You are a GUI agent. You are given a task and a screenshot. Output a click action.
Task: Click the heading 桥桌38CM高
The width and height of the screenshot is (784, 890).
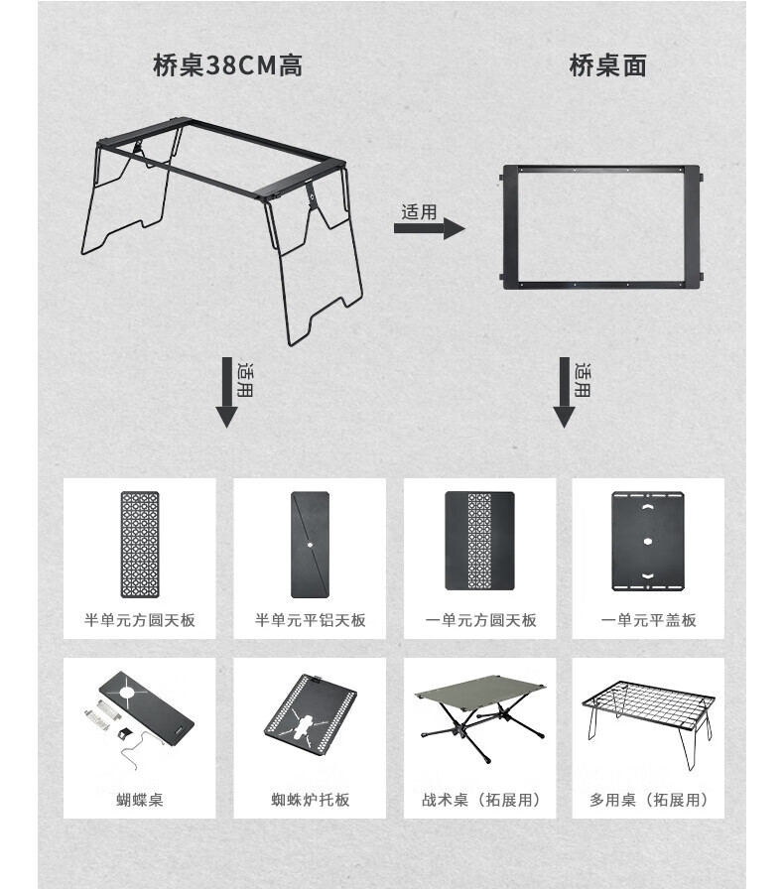click(227, 65)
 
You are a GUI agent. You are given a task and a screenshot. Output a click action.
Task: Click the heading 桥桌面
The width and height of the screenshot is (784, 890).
click(607, 65)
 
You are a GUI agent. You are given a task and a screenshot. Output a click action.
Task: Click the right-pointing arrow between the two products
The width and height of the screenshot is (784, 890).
click(430, 228)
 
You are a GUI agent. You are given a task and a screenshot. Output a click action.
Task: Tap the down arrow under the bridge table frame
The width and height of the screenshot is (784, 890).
click(226, 392)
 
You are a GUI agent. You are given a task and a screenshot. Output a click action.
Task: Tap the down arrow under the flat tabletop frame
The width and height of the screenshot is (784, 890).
click(564, 392)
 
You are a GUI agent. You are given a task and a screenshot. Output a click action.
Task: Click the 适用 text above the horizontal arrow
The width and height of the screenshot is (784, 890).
click(419, 211)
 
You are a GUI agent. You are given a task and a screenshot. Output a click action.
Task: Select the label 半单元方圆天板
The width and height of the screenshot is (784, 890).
click(140, 620)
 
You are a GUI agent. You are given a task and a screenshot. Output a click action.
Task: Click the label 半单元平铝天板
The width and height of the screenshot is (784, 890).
click(310, 620)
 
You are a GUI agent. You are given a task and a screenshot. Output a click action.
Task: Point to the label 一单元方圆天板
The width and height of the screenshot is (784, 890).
click(480, 620)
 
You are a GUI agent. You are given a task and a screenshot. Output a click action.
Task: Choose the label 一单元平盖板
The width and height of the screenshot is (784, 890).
click(648, 620)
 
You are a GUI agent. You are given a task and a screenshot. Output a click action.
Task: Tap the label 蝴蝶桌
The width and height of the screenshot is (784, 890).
click(140, 800)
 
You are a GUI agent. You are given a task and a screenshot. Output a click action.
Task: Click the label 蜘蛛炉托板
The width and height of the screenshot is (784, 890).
click(310, 800)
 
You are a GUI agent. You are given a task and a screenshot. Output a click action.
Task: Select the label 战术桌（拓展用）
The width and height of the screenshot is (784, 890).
click(480, 800)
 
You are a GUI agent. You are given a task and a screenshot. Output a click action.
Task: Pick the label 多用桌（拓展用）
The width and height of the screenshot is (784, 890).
click(648, 800)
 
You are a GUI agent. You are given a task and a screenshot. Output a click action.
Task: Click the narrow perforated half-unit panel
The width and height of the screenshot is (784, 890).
click(140, 545)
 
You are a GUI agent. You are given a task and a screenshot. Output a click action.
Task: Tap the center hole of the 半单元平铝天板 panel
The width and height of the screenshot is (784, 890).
click(310, 545)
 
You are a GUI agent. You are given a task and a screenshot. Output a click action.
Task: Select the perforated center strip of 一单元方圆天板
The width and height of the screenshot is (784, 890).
click(479, 541)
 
